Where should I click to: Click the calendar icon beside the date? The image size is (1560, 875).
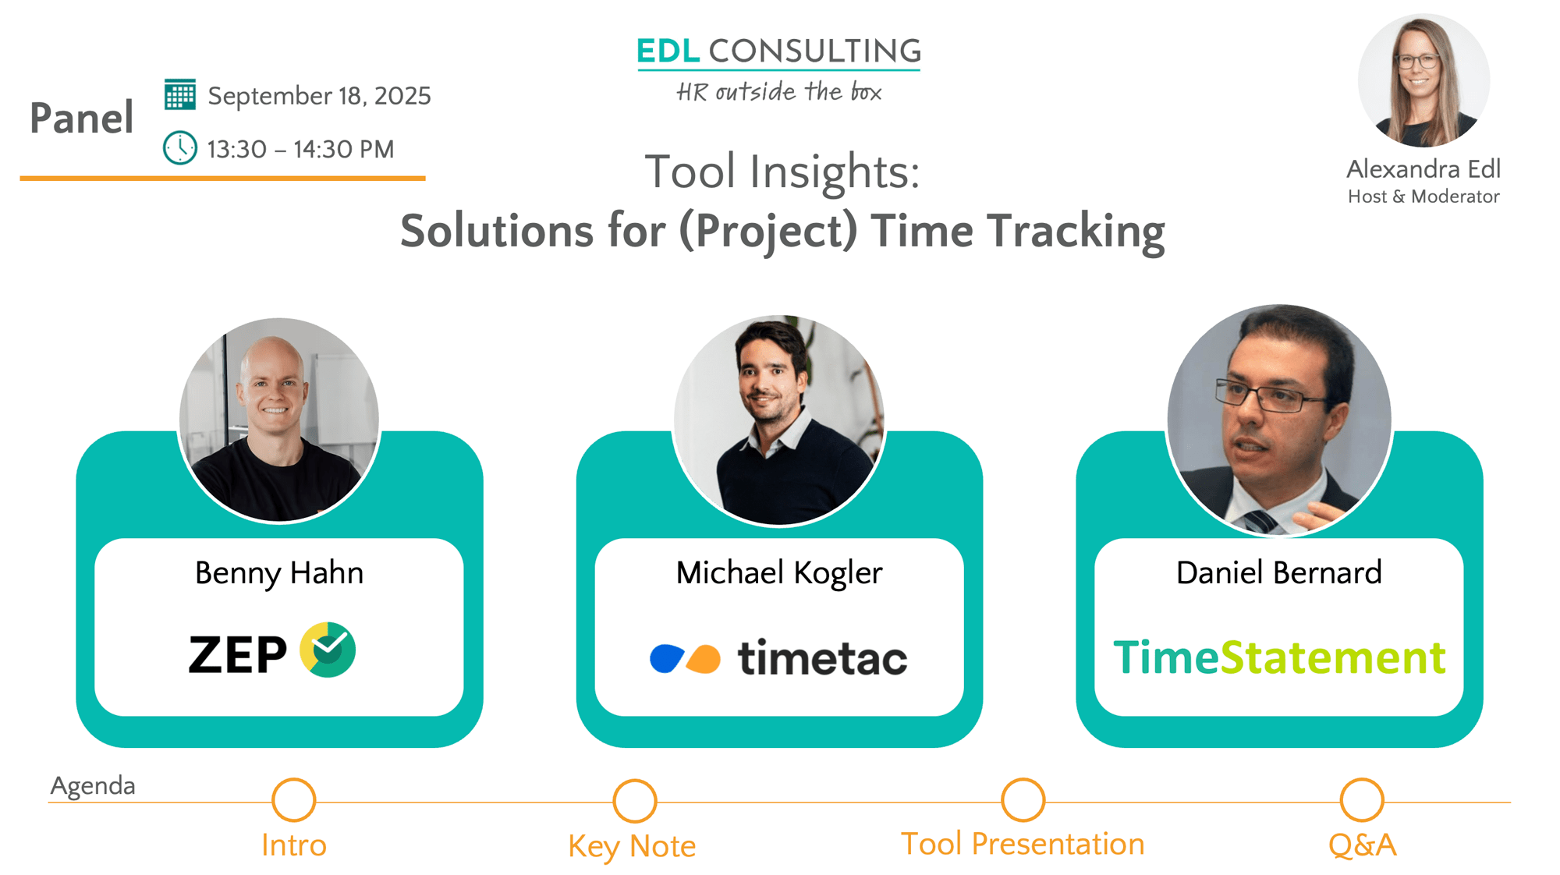(x=180, y=94)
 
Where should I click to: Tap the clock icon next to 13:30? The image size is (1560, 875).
(x=180, y=147)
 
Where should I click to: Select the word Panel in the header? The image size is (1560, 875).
(x=82, y=119)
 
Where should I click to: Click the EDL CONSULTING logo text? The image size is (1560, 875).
(x=778, y=51)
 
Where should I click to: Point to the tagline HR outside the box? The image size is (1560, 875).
(x=778, y=91)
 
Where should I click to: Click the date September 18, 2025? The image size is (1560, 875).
(x=319, y=96)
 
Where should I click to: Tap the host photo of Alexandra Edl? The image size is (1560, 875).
(x=1423, y=80)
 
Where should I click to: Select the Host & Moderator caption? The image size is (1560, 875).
(x=1423, y=197)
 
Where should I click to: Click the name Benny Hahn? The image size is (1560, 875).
(x=279, y=573)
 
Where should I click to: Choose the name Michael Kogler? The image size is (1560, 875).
(x=779, y=573)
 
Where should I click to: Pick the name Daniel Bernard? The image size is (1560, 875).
(x=1279, y=573)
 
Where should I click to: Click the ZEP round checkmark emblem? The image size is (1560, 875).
(x=328, y=650)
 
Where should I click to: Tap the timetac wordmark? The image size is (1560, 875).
(x=822, y=657)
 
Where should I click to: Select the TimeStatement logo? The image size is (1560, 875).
(x=1279, y=657)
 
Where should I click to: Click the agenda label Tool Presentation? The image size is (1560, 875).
(x=1023, y=845)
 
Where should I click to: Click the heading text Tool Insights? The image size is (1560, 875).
(x=782, y=172)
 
